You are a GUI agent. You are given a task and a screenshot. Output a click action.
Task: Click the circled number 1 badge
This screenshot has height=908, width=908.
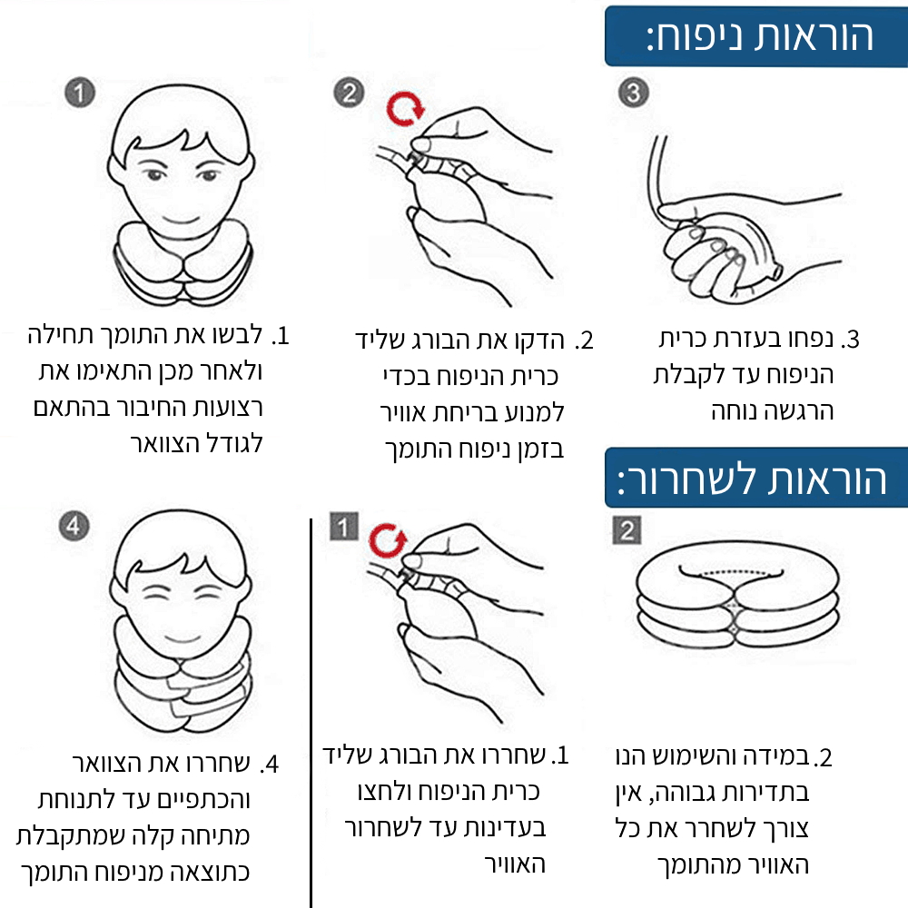pos(80,93)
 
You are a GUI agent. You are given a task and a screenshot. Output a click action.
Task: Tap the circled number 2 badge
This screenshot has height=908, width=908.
pos(350,93)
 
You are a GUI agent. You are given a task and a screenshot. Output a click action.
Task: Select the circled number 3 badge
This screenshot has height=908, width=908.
pos(634,93)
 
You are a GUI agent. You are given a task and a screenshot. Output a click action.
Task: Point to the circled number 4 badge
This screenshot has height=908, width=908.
pos(74,526)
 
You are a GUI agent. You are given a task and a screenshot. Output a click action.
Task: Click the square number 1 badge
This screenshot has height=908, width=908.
pos(344,527)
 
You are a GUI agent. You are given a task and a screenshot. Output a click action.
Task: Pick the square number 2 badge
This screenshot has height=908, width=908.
pos(627,530)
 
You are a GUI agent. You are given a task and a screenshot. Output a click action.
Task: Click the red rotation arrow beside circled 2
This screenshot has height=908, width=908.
pos(405,109)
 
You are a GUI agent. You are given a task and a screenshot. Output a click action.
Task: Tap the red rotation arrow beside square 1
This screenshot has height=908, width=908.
pos(388,541)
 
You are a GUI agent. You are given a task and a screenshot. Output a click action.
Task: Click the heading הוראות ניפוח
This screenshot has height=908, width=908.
pos(759,37)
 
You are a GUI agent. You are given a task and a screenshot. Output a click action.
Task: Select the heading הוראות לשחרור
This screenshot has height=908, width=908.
pos(751,479)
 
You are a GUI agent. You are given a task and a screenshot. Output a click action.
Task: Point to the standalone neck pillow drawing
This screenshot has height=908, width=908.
pos(737,602)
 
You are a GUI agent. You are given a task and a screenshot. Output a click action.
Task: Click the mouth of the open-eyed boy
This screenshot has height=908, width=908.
pos(181,220)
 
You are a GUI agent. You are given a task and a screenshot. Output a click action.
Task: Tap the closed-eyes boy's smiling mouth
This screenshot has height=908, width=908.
pos(182,638)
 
